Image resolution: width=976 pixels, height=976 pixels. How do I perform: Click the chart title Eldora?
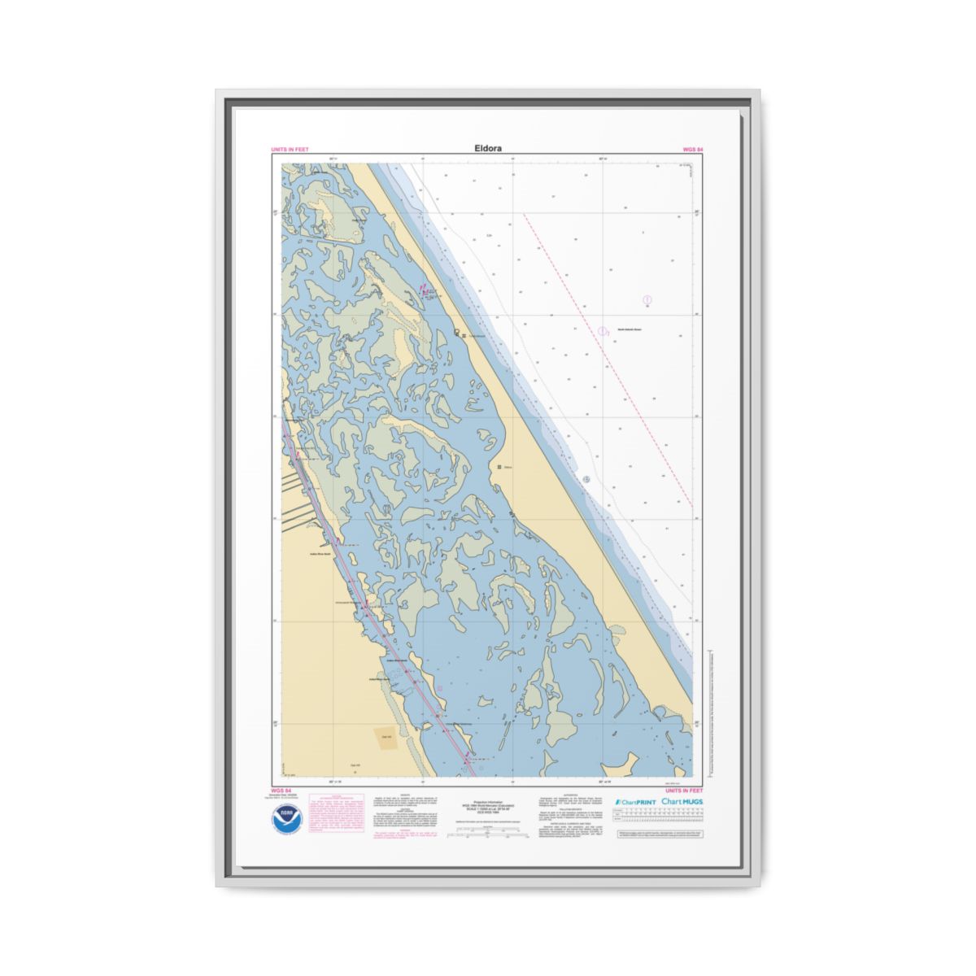488,149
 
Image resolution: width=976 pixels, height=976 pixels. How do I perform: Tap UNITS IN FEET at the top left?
290,150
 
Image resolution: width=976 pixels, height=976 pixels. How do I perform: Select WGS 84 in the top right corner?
692,150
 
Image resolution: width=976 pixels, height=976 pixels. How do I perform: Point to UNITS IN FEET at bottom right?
684,790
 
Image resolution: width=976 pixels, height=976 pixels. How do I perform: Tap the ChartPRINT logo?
635,802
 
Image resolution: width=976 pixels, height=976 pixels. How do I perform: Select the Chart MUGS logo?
682,802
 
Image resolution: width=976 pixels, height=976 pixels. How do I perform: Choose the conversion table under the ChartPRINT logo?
660,819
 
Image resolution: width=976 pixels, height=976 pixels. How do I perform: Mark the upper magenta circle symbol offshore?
647,300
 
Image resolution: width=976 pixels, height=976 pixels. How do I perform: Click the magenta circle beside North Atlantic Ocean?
602,331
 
